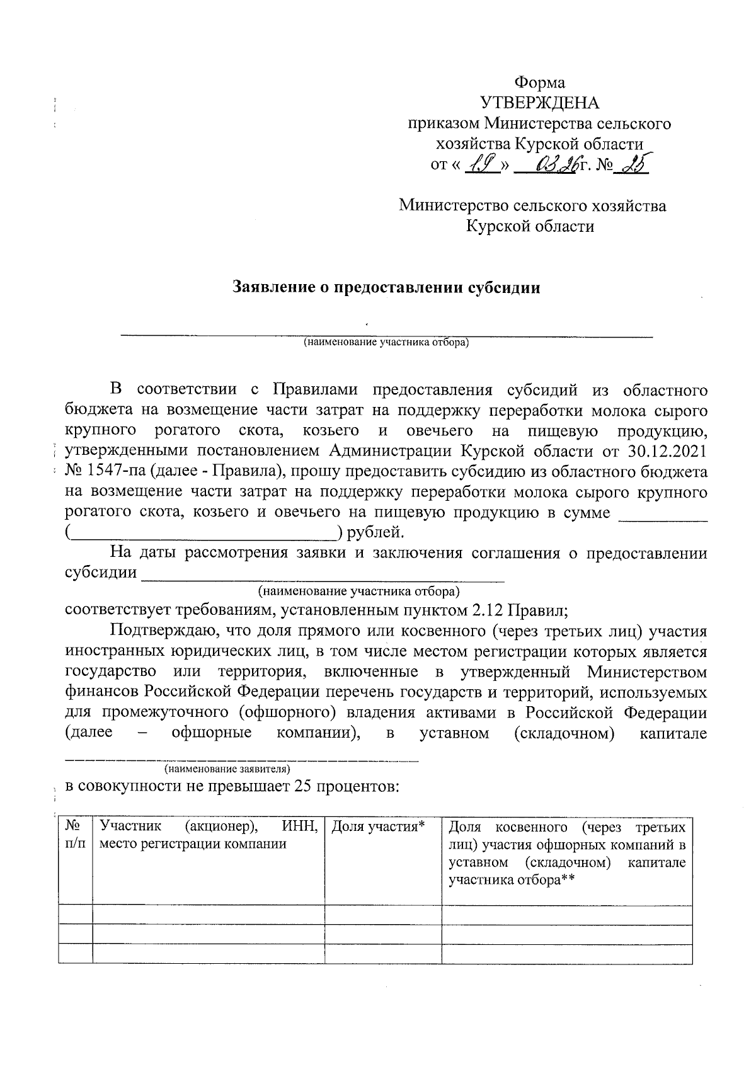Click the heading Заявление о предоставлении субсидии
coord(387,288)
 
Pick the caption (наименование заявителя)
coord(227,769)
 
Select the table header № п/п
coord(74,834)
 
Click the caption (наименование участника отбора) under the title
coord(386,343)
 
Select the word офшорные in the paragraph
coord(212,733)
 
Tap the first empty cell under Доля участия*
coord(383,915)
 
